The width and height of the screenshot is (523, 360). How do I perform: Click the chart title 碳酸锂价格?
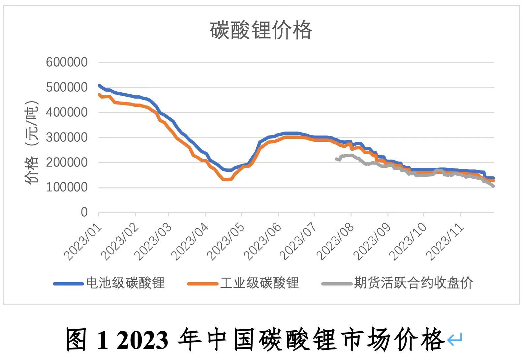click(x=261, y=30)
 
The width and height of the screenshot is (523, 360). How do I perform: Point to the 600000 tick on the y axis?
click(x=67, y=62)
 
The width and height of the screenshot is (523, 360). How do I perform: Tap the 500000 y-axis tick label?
click(x=67, y=87)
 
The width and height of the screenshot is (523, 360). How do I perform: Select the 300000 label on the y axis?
click(x=67, y=137)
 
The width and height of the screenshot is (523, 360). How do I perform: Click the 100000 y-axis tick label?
click(x=67, y=187)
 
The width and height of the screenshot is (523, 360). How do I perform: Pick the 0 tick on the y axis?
click(x=84, y=212)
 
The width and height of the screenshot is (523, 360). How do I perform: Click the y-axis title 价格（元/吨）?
click(x=32, y=142)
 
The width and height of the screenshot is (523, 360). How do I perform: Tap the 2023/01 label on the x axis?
click(x=83, y=242)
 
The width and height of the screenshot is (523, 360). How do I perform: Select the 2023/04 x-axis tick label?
click(x=190, y=242)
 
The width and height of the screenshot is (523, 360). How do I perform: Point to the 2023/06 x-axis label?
click(x=263, y=242)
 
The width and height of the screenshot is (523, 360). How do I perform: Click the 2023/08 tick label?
click(x=335, y=242)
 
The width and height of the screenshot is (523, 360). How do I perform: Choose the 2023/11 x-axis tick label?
click(x=445, y=242)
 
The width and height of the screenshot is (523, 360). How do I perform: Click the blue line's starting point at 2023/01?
click(x=99, y=85)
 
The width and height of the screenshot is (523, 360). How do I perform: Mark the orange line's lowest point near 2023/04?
click(x=226, y=180)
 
